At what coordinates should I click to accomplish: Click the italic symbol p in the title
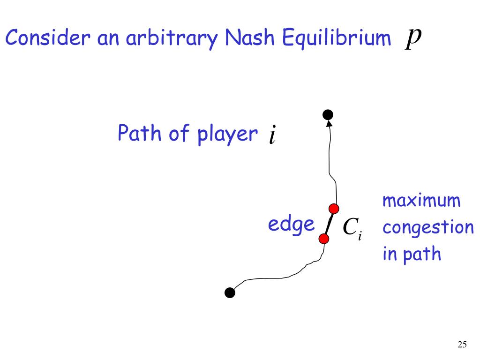click(x=412, y=37)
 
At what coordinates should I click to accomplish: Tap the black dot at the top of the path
click(x=328, y=114)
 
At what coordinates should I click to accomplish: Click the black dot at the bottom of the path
click(x=230, y=293)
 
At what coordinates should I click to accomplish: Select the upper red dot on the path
click(x=334, y=209)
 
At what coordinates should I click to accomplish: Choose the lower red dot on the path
click(x=323, y=239)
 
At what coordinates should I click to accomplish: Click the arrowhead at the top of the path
click(x=329, y=124)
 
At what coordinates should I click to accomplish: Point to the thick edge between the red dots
click(x=329, y=224)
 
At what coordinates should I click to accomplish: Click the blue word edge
click(x=291, y=225)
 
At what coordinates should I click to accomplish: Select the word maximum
click(x=421, y=202)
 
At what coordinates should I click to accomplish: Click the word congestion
click(x=428, y=228)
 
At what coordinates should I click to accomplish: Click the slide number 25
click(x=462, y=345)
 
